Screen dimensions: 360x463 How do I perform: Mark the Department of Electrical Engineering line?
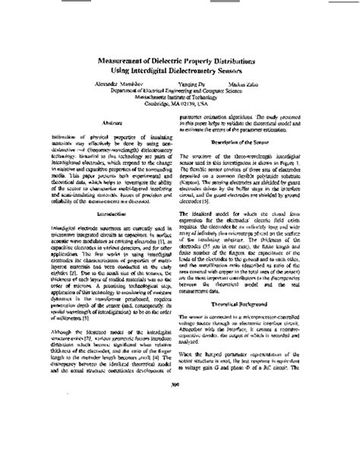[x=179, y=90]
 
